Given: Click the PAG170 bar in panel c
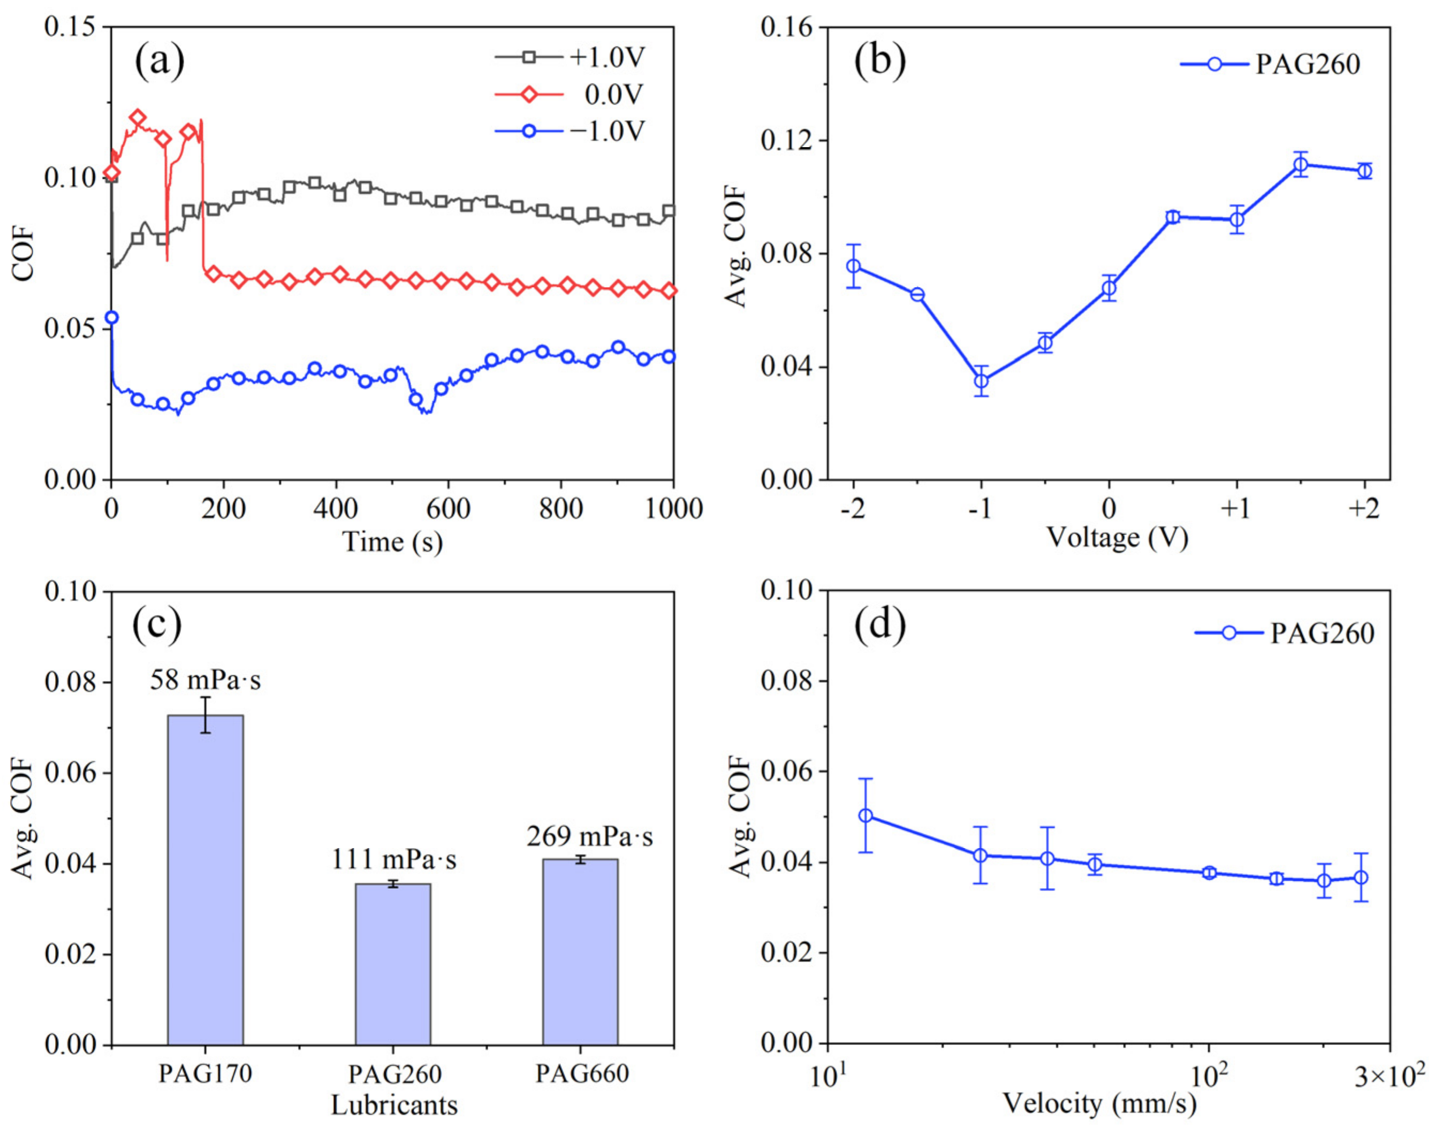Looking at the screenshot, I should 205,879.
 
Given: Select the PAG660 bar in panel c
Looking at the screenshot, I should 580,952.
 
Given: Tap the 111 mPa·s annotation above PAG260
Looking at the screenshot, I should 393,860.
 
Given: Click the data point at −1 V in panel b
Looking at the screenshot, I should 981,381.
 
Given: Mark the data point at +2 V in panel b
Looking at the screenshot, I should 1364,171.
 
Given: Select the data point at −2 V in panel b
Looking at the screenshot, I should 854,266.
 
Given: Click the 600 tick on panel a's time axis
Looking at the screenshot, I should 449,509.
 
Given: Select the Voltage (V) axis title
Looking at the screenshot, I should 1118,537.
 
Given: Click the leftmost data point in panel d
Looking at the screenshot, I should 865,815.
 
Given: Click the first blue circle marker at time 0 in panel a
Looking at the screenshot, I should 112,318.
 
